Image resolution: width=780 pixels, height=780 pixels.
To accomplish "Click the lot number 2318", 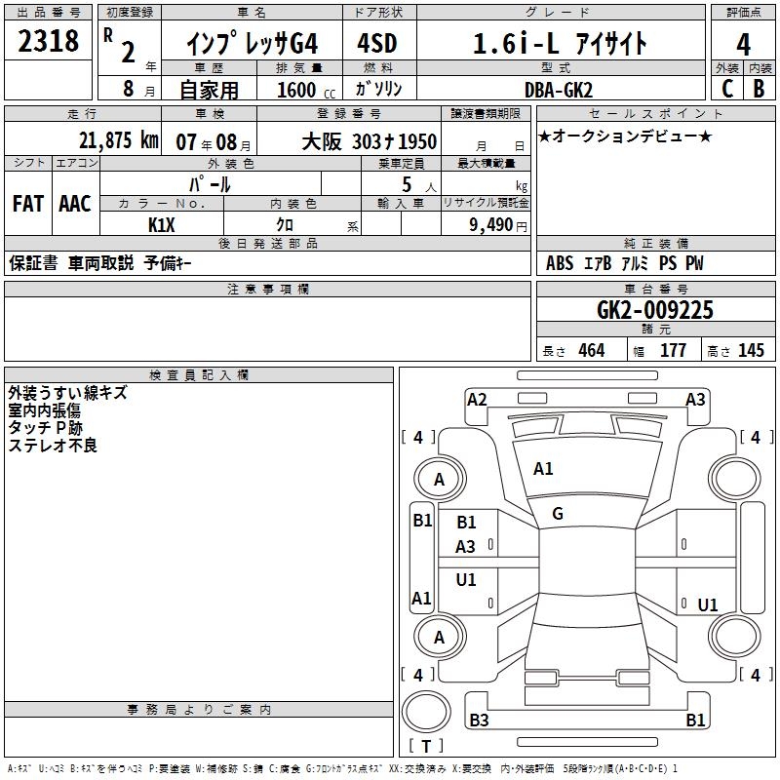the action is click(x=48, y=40).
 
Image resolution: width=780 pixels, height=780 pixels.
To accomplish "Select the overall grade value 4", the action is click(x=743, y=45).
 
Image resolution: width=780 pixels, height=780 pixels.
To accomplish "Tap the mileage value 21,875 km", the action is click(x=119, y=140).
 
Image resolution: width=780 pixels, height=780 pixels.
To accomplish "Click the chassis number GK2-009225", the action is click(x=655, y=309).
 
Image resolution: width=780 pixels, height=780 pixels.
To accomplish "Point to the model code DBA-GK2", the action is click(x=559, y=90).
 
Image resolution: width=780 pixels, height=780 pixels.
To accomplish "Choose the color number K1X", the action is click(x=162, y=225).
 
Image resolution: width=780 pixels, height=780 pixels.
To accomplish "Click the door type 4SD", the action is click(x=377, y=43).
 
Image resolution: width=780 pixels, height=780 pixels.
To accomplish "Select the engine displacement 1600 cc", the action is click(x=306, y=90).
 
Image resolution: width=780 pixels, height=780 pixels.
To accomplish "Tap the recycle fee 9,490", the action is click(x=491, y=225).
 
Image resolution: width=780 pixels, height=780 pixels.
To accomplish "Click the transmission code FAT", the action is click(x=28, y=204).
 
